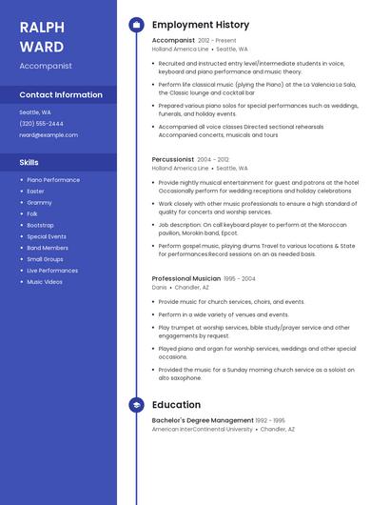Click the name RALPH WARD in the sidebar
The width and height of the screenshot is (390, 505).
click(x=42, y=36)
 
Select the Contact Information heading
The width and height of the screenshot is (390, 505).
click(x=61, y=94)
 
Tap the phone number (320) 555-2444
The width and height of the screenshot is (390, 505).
click(x=42, y=124)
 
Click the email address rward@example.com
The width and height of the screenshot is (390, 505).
click(x=49, y=135)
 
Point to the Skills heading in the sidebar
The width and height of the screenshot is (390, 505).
click(x=29, y=162)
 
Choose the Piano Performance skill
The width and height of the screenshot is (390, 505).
click(x=53, y=180)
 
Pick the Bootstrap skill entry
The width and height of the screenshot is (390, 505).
click(x=40, y=225)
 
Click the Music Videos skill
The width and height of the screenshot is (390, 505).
click(x=45, y=282)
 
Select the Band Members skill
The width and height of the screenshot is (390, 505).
click(x=48, y=248)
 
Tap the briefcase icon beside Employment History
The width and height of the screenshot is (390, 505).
click(x=136, y=24)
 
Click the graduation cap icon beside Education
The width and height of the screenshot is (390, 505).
click(x=136, y=405)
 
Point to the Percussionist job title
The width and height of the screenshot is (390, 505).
click(x=173, y=160)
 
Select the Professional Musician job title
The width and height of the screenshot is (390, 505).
click(x=185, y=279)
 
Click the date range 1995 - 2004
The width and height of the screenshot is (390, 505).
click(x=240, y=279)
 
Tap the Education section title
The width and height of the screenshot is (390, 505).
click(x=176, y=405)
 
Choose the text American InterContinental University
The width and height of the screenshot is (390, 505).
click(x=203, y=430)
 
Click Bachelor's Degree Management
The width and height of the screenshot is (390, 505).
click(x=203, y=420)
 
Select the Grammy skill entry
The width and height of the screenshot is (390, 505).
click(x=39, y=202)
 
